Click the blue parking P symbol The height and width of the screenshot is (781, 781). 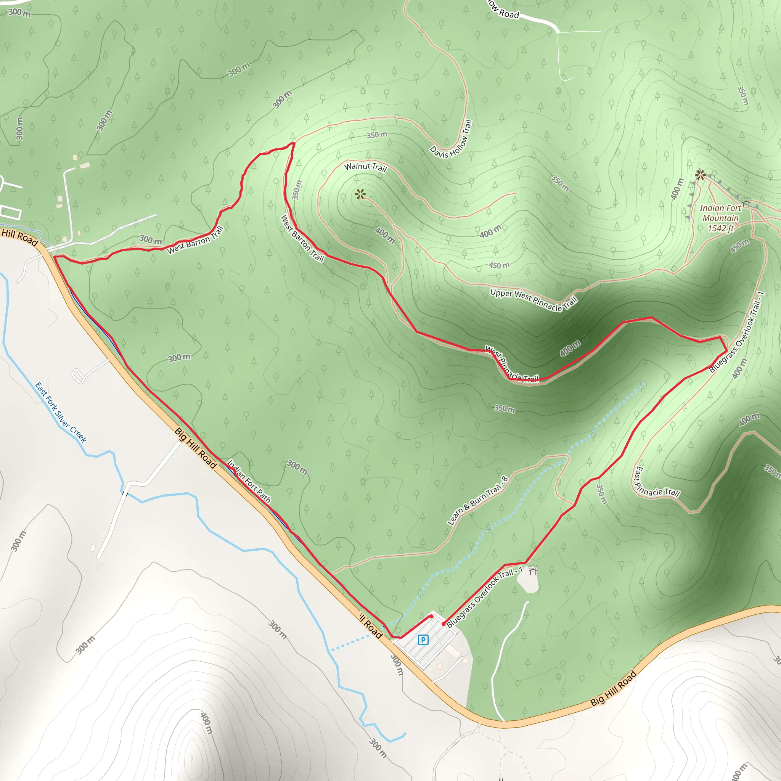(423, 640)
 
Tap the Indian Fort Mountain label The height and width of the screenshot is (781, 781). (720, 213)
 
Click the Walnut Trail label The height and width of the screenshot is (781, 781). (365, 167)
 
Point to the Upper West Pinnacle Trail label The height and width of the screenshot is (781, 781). (534, 299)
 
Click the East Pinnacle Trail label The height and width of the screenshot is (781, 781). (656, 483)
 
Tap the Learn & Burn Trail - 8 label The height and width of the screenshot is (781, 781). (478, 500)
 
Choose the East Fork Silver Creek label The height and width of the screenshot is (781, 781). (61, 412)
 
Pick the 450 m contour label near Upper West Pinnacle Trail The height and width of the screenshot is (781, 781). (499, 265)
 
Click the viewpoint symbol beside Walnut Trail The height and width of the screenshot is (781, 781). (360, 194)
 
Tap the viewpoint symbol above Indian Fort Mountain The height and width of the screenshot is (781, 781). (701, 175)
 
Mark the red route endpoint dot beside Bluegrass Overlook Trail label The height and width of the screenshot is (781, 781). (444, 624)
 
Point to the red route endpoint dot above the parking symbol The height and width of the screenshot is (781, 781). (431, 616)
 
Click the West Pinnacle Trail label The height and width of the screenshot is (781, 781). (511, 363)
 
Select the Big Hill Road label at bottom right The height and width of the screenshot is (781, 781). (613, 688)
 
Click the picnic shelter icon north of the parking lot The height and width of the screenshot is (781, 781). (533, 570)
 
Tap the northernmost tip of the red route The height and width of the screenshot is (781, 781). (294, 143)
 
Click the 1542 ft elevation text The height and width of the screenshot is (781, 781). (720, 228)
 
